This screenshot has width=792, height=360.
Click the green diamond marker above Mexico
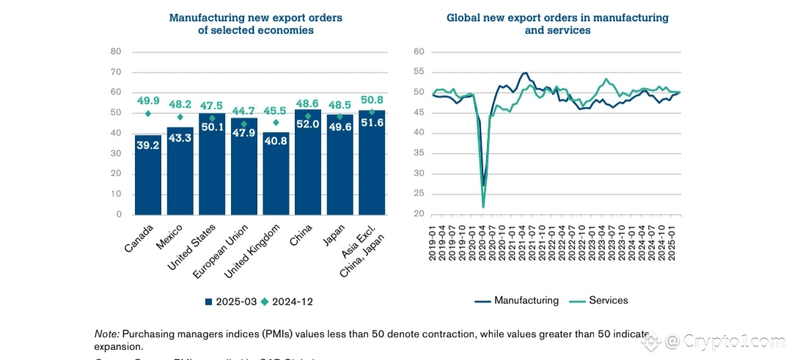pyautogui.click(x=180, y=117)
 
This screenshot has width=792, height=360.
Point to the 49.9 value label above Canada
pyautogui.click(x=147, y=100)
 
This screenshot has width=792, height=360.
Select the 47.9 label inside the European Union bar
pyautogui.click(x=243, y=133)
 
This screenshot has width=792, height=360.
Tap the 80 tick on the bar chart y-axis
pyautogui.click(x=116, y=51)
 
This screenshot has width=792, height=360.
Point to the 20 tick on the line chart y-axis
pyautogui.click(x=420, y=215)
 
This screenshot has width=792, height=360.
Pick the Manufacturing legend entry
pyautogui.click(x=518, y=301)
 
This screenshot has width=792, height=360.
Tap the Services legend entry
pyautogui.click(x=601, y=301)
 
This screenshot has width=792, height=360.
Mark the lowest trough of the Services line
pyautogui.click(x=483, y=207)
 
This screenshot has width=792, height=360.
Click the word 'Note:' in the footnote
pyautogui.click(x=106, y=334)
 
